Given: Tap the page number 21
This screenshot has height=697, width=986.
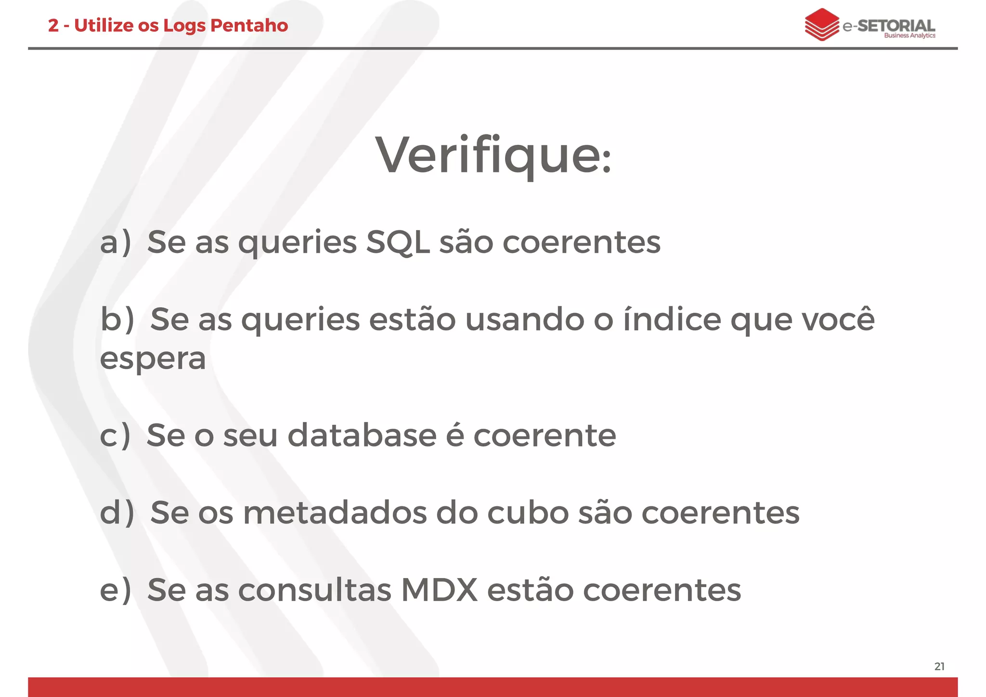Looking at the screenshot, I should click(939, 667).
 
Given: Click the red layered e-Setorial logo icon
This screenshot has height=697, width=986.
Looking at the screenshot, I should click(822, 24).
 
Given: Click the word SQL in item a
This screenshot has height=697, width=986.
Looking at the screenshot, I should click(398, 242).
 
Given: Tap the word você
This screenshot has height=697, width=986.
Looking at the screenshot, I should click(838, 319).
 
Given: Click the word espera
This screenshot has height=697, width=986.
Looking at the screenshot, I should click(153, 359).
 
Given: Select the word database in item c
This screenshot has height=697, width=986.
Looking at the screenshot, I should click(362, 435).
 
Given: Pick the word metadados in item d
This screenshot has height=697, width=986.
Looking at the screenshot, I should click(335, 513).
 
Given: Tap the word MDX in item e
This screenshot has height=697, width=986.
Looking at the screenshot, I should click(439, 590).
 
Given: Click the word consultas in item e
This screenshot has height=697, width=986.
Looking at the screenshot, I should click(314, 590).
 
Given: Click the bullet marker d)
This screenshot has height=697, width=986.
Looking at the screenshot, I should click(117, 513).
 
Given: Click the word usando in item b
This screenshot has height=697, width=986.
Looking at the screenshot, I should click(524, 319).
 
